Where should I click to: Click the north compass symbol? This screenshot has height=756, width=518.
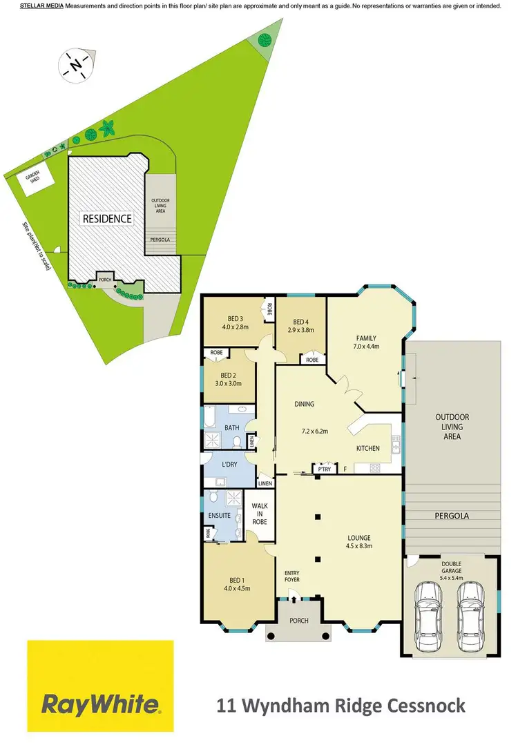point(75,65)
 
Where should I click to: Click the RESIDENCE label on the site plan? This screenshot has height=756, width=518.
point(107,218)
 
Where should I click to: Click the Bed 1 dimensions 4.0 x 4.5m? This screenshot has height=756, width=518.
point(236,589)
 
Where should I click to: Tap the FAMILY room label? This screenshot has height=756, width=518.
point(366,338)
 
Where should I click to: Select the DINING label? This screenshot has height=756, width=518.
point(305,405)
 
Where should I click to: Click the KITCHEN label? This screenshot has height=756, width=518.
point(367,449)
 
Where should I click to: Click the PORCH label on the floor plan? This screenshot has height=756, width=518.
point(299,621)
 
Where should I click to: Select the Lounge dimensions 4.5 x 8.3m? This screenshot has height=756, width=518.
point(360,546)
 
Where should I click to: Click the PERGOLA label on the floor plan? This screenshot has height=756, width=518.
point(452,515)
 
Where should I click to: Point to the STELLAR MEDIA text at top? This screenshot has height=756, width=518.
point(41,6)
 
